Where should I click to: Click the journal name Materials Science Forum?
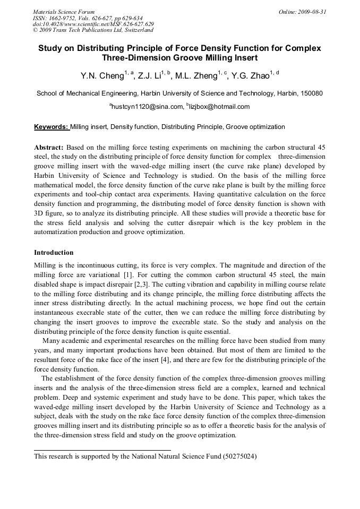pos(64,12)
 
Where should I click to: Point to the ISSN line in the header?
pos(88,18)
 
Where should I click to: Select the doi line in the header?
pos(93,24)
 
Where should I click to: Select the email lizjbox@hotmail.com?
pos(219,107)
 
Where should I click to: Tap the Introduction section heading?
pos(54,253)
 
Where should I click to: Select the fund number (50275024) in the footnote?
pos(239,456)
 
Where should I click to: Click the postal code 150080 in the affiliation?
pos(311,93)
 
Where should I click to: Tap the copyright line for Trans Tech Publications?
pos(93,30)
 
